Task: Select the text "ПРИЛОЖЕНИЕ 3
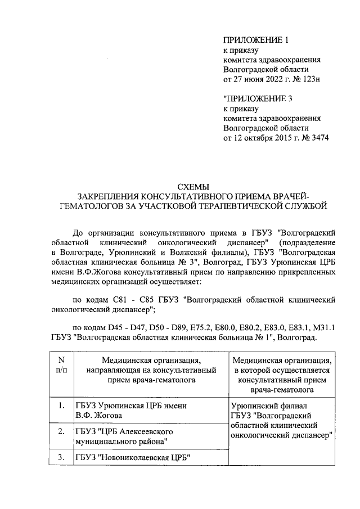[256, 98]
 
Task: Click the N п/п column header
[61, 364]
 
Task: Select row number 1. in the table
[61, 406]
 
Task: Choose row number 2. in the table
[61, 431]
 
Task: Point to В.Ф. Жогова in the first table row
[98, 416]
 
